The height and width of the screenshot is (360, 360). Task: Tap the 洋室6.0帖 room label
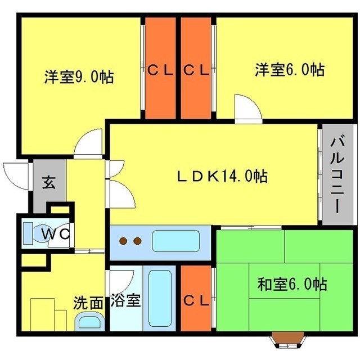tap(289, 70)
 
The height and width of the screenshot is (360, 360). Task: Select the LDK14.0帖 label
tap(222, 176)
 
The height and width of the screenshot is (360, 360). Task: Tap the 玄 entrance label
tap(49, 183)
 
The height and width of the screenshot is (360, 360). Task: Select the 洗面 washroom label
tap(89, 302)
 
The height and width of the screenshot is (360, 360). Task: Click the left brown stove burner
tap(124, 241)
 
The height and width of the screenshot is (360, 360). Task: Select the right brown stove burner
tap(137, 241)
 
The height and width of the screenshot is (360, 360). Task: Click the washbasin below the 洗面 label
tap(90, 322)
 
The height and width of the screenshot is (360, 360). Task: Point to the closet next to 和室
tap(196, 300)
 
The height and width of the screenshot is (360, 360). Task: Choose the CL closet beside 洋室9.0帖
tap(161, 70)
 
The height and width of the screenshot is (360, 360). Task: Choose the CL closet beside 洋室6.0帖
tap(197, 70)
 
